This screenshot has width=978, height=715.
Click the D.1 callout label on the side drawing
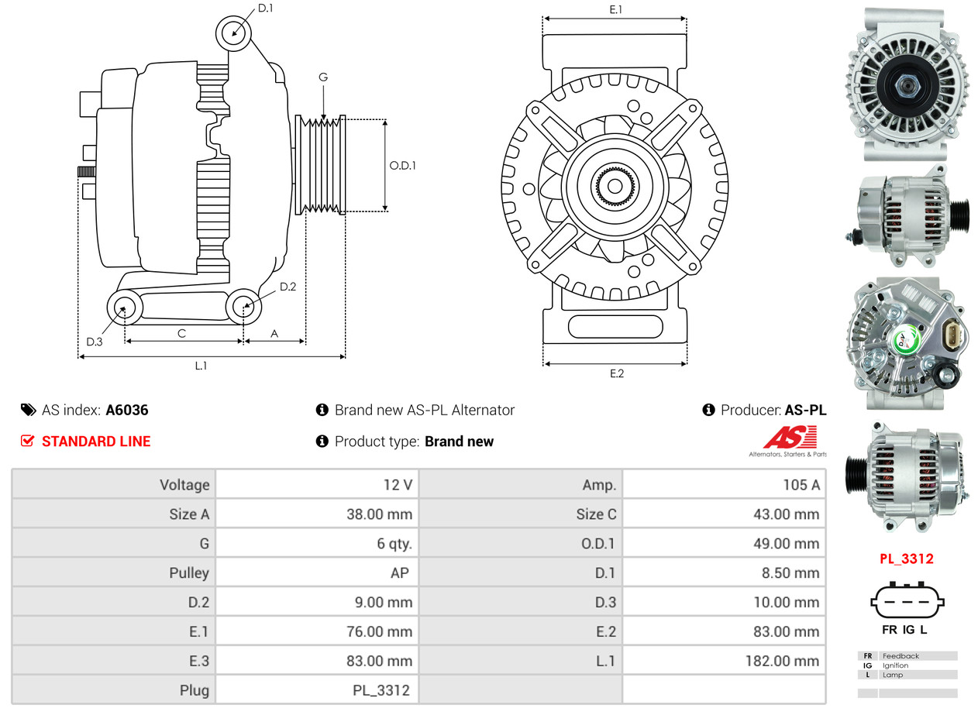[265, 9]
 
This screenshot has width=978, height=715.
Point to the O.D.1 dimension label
[402, 165]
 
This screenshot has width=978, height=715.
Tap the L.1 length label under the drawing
[201, 366]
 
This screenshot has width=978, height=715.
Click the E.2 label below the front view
[616, 373]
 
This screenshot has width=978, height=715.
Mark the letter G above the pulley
[323, 77]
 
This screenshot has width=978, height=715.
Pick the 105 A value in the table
[802, 485]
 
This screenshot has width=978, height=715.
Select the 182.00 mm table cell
[783, 661]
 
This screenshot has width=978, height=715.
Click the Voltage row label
[184, 485]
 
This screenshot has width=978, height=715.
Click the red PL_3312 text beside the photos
[906, 559]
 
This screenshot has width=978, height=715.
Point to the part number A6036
[127, 411]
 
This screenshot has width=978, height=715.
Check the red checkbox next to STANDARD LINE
[27, 442]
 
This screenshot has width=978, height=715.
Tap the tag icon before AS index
[28, 411]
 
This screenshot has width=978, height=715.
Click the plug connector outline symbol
[906, 602]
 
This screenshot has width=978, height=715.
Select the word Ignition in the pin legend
[895, 665]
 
